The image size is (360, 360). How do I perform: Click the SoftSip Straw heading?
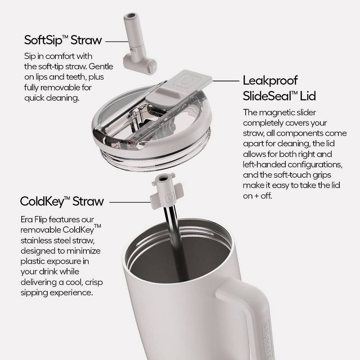pyautogui.click(x=63, y=40)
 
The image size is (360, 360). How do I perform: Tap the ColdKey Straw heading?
pyautogui.click(x=62, y=201)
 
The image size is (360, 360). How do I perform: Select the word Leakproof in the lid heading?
pyautogui.click(x=270, y=81)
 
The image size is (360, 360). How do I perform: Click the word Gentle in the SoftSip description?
pyautogui.click(x=101, y=66)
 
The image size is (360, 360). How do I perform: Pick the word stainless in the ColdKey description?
pyautogui.click(x=36, y=240)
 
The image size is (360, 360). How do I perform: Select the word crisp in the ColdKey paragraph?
pyautogui.click(x=94, y=283)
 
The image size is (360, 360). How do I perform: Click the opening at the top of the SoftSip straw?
pyautogui.click(x=132, y=16)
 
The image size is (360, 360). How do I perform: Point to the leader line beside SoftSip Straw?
pyautogui.click(x=117, y=41)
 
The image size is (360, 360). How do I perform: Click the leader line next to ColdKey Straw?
pyautogui.click(x=130, y=202)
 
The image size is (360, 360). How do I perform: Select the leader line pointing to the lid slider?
pyautogui.click(x=226, y=81)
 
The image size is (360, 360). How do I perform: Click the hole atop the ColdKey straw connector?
pyautogui.click(x=163, y=178)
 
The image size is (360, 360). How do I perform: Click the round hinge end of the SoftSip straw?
pyautogui.click(x=152, y=66)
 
